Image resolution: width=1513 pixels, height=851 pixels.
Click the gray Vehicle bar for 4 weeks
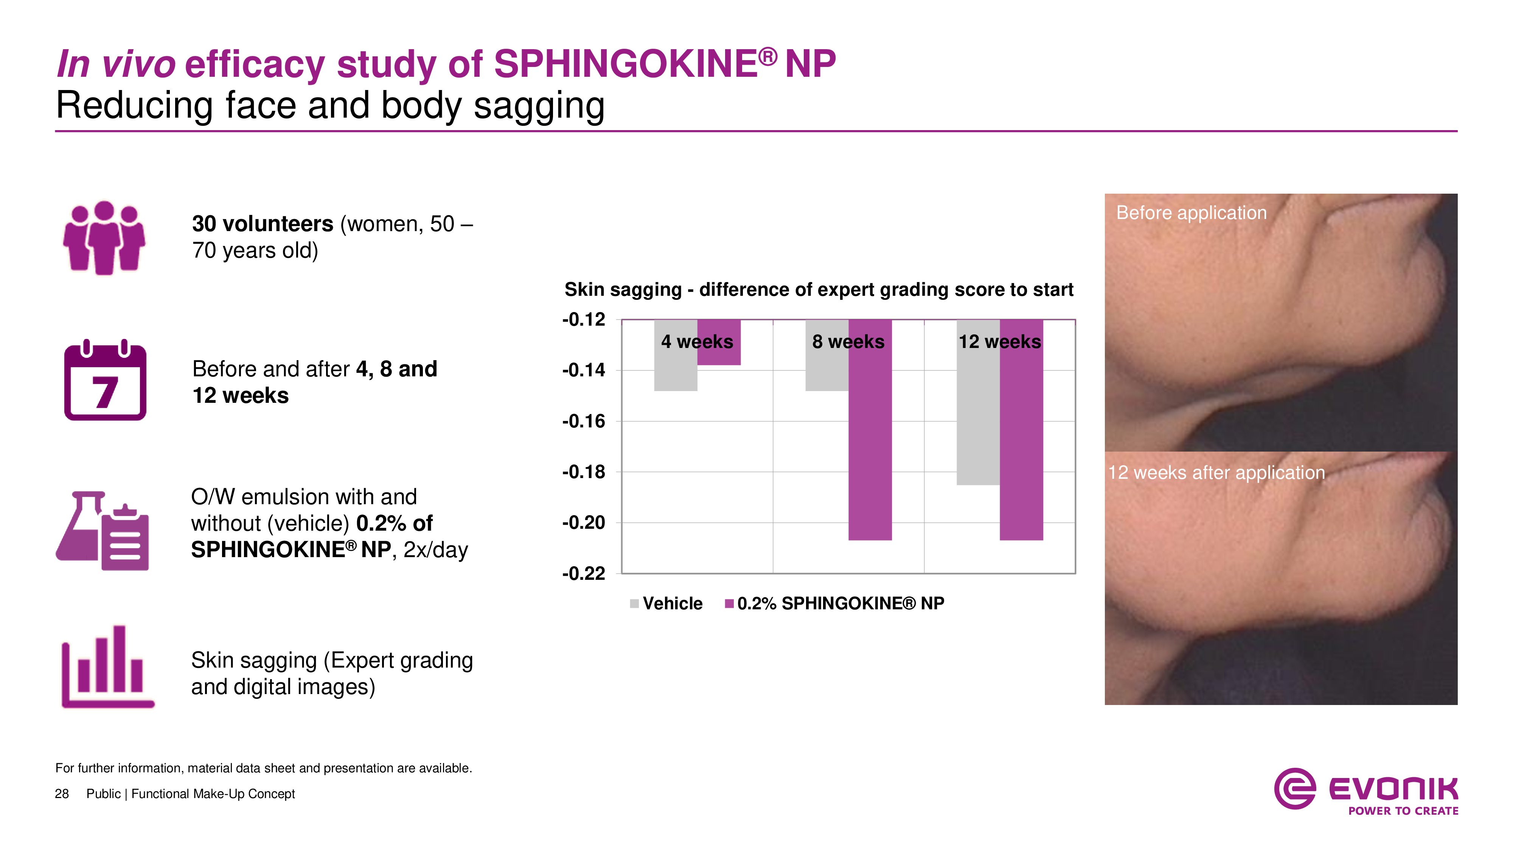[676, 370]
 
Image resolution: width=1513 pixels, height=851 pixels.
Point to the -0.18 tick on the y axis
[583, 472]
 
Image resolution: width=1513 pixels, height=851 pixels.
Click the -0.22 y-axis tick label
[583, 573]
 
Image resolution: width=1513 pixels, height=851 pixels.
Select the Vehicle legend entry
[666, 603]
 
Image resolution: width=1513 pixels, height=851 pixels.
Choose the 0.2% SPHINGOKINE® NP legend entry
[835, 603]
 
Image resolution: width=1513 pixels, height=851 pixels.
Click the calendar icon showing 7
[105, 382]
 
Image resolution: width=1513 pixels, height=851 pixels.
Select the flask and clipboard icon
[103, 530]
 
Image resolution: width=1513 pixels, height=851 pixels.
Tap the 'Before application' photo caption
[1191, 213]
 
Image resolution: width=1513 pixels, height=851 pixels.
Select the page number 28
[62, 794]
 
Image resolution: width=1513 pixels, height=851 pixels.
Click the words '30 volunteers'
[263, 224]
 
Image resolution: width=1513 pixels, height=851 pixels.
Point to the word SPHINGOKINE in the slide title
[626, 64]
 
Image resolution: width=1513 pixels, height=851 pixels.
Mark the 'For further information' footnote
[264, 768]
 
